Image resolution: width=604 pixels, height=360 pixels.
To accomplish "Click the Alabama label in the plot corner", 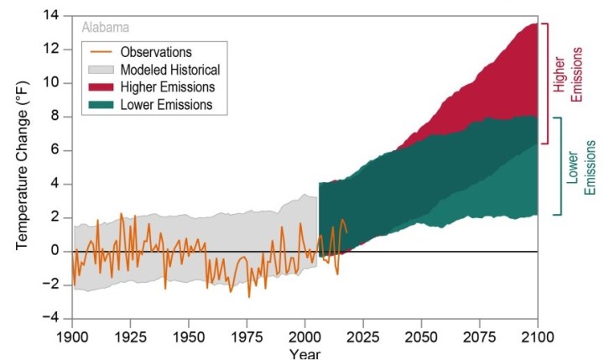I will (105, 26).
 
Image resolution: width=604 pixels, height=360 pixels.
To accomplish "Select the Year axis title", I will (305, 353).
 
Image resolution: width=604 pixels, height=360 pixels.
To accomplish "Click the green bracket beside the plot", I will (555, 166).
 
